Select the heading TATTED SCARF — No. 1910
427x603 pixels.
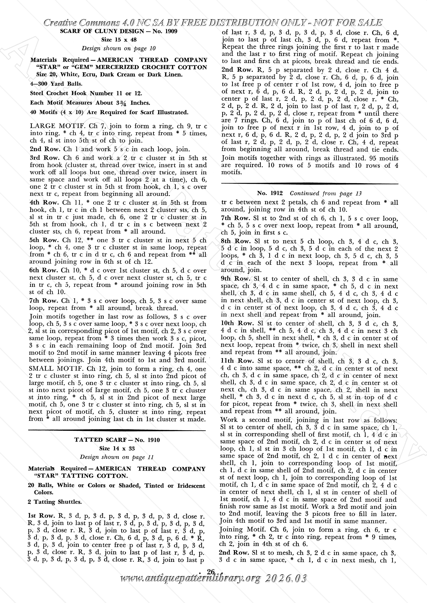point(117,440)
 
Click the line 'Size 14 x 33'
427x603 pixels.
point(117,449)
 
